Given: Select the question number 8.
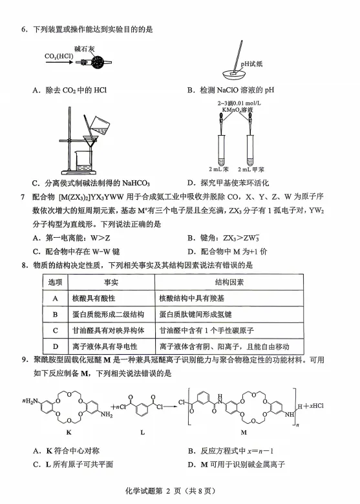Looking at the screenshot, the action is click(24, 266).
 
